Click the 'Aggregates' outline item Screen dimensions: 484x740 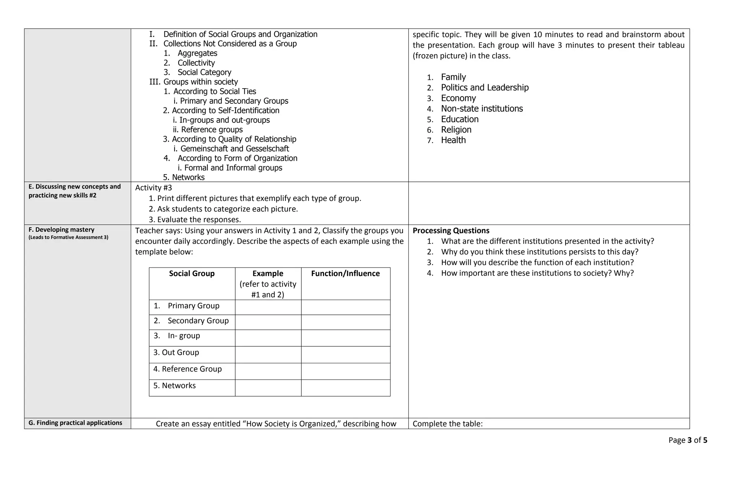pyautogui.click(x=197, y=53)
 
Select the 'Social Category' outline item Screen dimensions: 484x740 pyautogui.click(x=204, y=72)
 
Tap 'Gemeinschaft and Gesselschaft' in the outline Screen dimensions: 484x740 pyautogui.click(x=235, y=149)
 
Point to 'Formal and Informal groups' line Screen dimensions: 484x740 pyautogui.click(x=233, y=168)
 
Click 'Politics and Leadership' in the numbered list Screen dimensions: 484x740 pyautogui.click(x=485, y=87)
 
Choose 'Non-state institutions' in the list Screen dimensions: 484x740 pyautogui.click(x=482, y=108)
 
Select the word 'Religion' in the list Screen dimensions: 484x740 pyautogui.click(x=456, y=129)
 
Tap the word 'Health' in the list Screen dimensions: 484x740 pyautogui.click(x=453, y=140)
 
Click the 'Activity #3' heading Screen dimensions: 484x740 pyautogui.click(x=154, y=188)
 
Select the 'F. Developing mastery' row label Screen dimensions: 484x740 pyautogui.click(x=61, y=230)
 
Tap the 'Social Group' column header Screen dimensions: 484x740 pyautogui.click(x=192, y=274)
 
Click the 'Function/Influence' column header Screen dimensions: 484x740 pyautogui.click(x=345, y=274)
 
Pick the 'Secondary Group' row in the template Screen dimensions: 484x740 pyautogui.click(x=198, y=321)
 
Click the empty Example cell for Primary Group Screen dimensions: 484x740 pyautogui.click(x=268, y=307)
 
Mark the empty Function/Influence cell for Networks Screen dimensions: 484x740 pyautogui.click(x=345, y=387)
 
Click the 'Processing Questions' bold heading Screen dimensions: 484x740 pyautogui.click(x=451, y=231)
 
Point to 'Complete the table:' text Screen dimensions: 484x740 pyautogui.click(x=447, y=424)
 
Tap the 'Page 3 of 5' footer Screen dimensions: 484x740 pyautogui.click(x=688, y=440)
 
